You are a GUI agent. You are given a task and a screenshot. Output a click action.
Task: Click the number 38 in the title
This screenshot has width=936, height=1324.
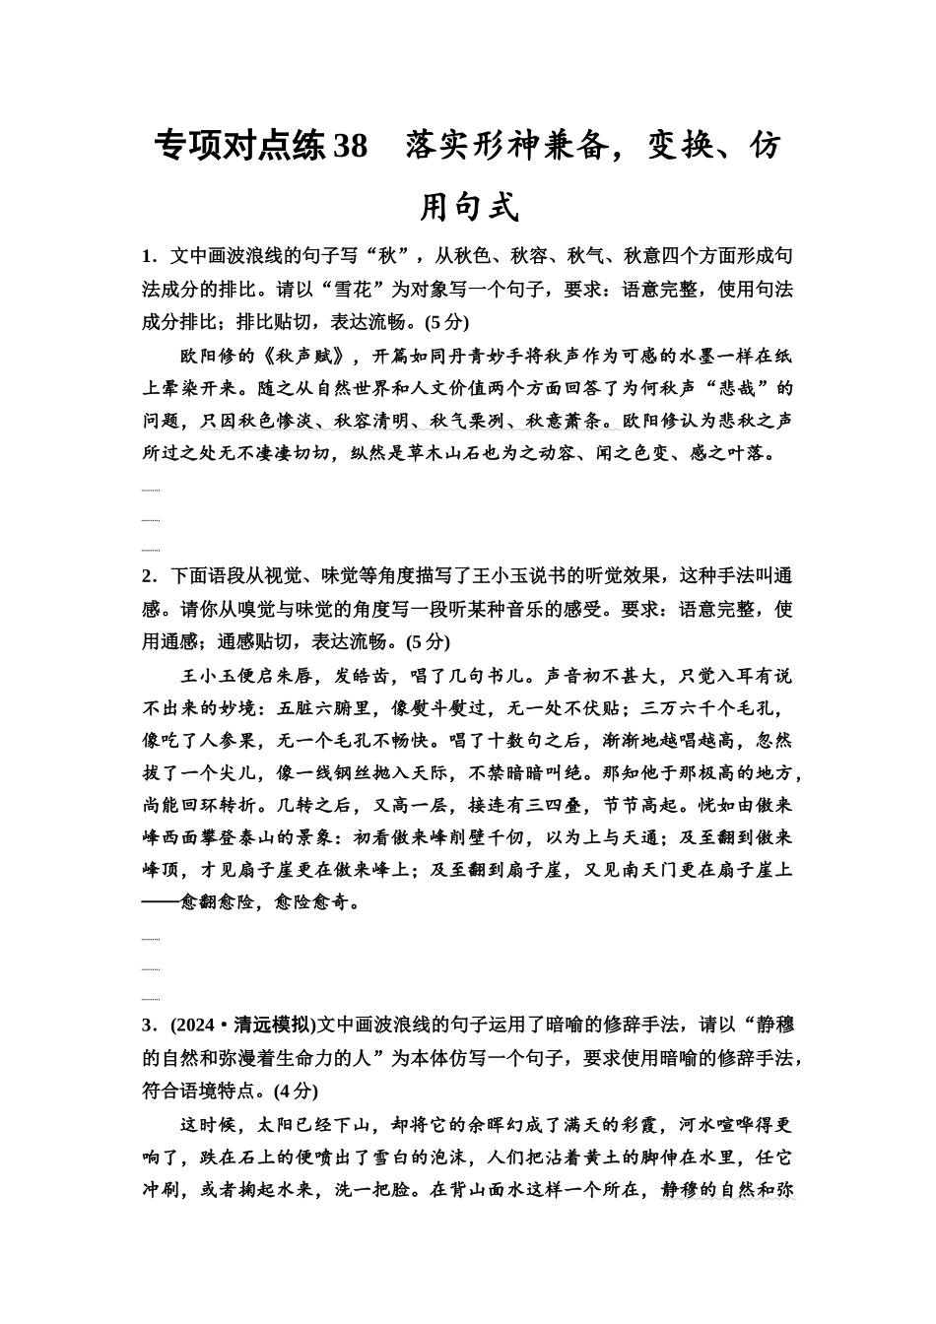[x=350, y=146]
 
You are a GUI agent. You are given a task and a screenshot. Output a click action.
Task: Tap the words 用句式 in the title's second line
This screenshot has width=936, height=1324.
[x=469, y=207]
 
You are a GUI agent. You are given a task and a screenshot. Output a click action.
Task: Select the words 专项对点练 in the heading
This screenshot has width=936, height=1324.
[x=239, y=146]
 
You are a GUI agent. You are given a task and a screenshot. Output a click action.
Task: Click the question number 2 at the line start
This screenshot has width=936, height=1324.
[x=147, y=576]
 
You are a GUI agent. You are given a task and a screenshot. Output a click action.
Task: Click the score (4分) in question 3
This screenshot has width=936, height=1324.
[x=296, y=1092]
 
